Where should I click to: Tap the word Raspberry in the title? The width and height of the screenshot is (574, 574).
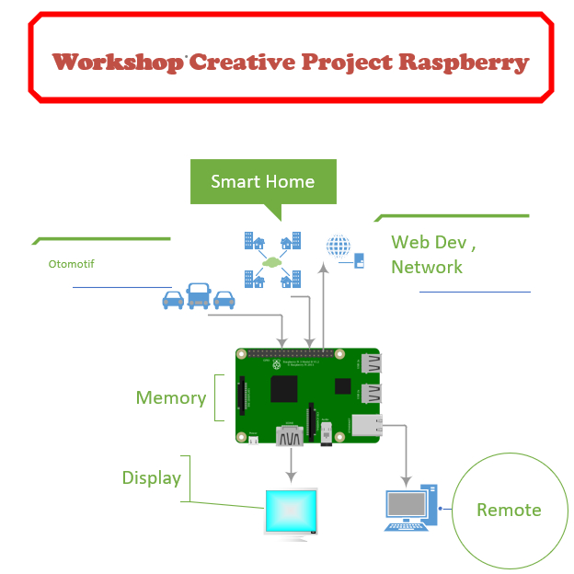(x=465, y=63)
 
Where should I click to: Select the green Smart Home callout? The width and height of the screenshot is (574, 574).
(x=262, y=181)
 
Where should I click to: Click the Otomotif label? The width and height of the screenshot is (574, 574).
(x=71, y=264)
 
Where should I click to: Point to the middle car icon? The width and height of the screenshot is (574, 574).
(x=198, y=295)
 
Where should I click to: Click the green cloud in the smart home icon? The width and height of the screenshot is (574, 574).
(x=271, y=261)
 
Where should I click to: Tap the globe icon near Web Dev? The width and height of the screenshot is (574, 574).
(x=339, y=246)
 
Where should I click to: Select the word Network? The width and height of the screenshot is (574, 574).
(x=426, y=268)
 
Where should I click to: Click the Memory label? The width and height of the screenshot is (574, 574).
(x=170, y=397)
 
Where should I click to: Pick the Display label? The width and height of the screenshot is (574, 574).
(x=151, y=478)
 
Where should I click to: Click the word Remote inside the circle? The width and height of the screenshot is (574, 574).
(x=509, y=510)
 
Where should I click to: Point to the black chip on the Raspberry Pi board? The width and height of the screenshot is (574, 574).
(x=283, y=389)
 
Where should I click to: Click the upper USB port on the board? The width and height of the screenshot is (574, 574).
(x=369, y=364)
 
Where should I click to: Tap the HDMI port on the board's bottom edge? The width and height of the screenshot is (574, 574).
(x=291, y=435)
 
